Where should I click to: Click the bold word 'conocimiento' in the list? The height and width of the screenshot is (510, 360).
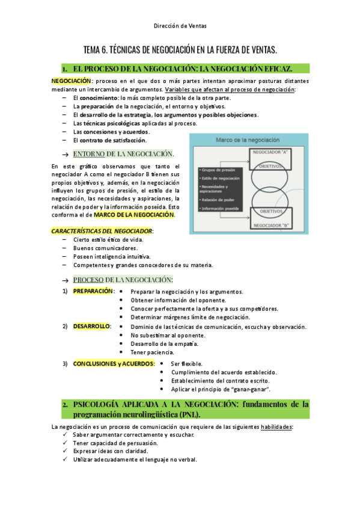pyautogui.click(x=99, y=97)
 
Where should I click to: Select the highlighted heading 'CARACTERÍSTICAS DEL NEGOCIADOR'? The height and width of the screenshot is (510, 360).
pyautogui.click(x=102, y=230)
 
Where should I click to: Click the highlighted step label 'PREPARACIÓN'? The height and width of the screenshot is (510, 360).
pyautogui.click(x=93, y=291)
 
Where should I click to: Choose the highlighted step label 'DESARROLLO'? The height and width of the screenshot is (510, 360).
pyautogui.click(x=91, y=326)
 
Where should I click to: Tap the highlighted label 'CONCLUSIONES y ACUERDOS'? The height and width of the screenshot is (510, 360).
pyautogui.click(x=113, y=363)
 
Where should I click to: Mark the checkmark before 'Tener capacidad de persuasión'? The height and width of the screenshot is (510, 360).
pyautogui.click(x=66, y=443)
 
